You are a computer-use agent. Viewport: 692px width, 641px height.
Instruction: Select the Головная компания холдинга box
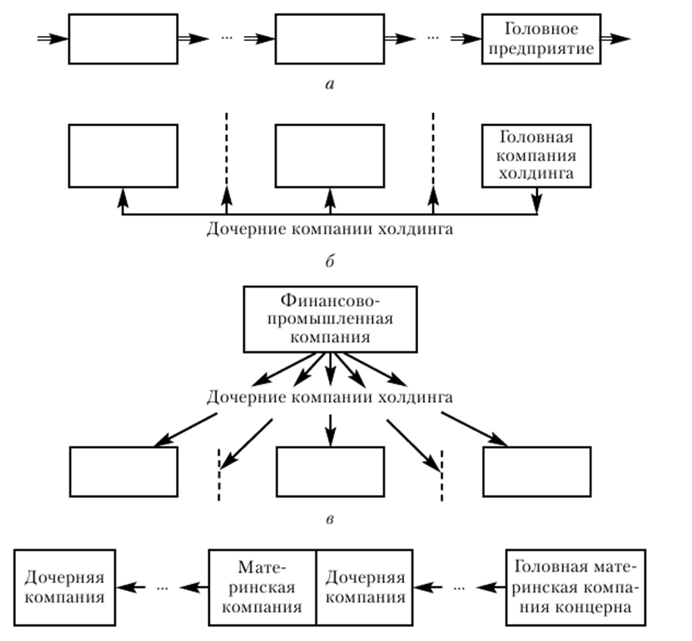point(536,155)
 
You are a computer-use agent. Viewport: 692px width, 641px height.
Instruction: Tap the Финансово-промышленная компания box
point(330,319)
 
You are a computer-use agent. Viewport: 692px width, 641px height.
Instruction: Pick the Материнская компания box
point(262,587)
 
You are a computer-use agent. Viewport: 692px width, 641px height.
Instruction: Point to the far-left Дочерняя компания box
point(65,587)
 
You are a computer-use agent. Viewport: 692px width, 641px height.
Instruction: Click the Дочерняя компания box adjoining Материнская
point(364,587)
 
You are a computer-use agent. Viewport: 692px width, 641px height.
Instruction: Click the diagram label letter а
point(330,84)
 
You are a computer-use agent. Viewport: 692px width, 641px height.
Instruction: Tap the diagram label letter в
point(329,520)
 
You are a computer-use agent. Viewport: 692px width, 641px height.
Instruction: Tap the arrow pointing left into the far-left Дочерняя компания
point(131,587)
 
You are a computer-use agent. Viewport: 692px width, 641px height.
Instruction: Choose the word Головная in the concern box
point(545,567)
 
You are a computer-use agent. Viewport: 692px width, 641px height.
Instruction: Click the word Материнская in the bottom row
point(262,587)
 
